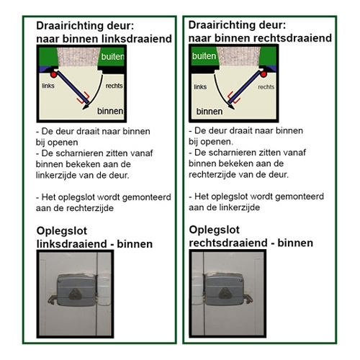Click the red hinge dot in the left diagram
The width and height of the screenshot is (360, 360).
(53, 74)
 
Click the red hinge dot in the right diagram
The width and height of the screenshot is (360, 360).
(264, 74)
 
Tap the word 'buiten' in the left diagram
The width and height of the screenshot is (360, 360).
(112, 57)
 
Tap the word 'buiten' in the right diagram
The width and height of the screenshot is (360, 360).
(204, 56)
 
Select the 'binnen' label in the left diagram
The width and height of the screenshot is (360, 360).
(110, 111)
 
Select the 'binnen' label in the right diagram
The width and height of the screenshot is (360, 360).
(210, 112)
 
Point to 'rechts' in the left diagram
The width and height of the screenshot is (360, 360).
(114, 86)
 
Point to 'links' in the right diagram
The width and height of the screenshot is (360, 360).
(200, 86)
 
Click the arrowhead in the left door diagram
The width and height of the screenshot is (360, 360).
(86, 107)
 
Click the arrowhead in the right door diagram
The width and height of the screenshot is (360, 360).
(231, 106)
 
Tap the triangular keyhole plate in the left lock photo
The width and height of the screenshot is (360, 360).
(76, 294)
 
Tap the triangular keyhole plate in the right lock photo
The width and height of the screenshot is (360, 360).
(225, 293)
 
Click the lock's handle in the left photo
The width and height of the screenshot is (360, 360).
(53, 299)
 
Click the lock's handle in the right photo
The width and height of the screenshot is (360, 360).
(248, 299)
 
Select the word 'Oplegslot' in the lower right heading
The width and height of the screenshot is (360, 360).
(215, 230)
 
